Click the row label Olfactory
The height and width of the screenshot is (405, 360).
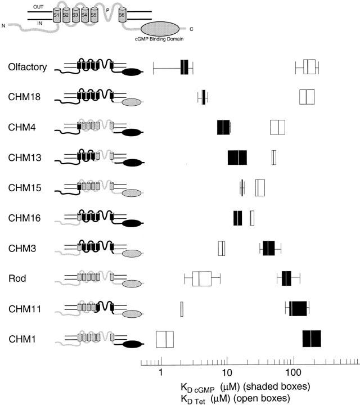pos(28,67)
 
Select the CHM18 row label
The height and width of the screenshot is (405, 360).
pos(24,97)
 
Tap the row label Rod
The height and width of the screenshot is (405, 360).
pos(17,278)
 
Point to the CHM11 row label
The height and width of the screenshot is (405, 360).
pos(25,309)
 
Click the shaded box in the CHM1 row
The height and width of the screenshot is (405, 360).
pos(312,339)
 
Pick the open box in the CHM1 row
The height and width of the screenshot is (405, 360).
pos(165,339)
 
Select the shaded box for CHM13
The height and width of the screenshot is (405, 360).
pos(237,157)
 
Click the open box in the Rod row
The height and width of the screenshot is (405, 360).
pos(202,278)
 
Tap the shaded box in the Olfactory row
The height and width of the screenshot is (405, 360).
pos(184,67)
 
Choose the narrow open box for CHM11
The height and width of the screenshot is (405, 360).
pos(182,309)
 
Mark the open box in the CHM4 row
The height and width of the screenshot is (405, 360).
pos(278,127)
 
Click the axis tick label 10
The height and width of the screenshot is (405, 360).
pos(227,372)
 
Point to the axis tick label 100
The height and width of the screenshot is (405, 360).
pos(294,372)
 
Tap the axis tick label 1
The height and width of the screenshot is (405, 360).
pos(161,372)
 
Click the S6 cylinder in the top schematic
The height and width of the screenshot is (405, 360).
pos(123,15)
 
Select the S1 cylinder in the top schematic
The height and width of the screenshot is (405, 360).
pos(57,15)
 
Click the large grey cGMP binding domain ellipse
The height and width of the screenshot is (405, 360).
pos(160,29)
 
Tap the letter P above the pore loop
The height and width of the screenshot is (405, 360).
pos(107,10)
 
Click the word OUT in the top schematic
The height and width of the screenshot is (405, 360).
pos(38,7)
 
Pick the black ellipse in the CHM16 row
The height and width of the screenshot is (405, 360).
pos(132,223)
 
